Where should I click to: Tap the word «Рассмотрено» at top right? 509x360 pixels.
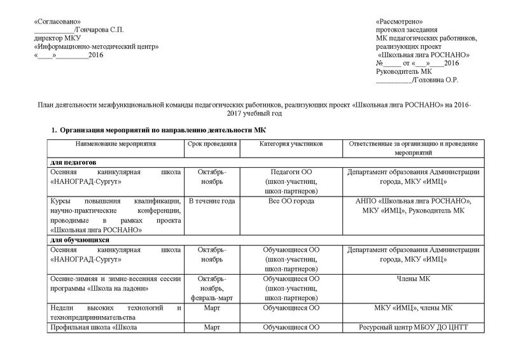click(399, 22)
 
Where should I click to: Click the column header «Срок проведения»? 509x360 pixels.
click(213, 144)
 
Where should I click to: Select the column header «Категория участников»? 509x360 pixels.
click(291, 144)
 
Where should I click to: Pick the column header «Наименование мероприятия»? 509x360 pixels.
click(115, 144)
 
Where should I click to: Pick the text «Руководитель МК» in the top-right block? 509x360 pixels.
click(403, 71)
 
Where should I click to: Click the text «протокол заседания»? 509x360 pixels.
click(406, 30)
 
